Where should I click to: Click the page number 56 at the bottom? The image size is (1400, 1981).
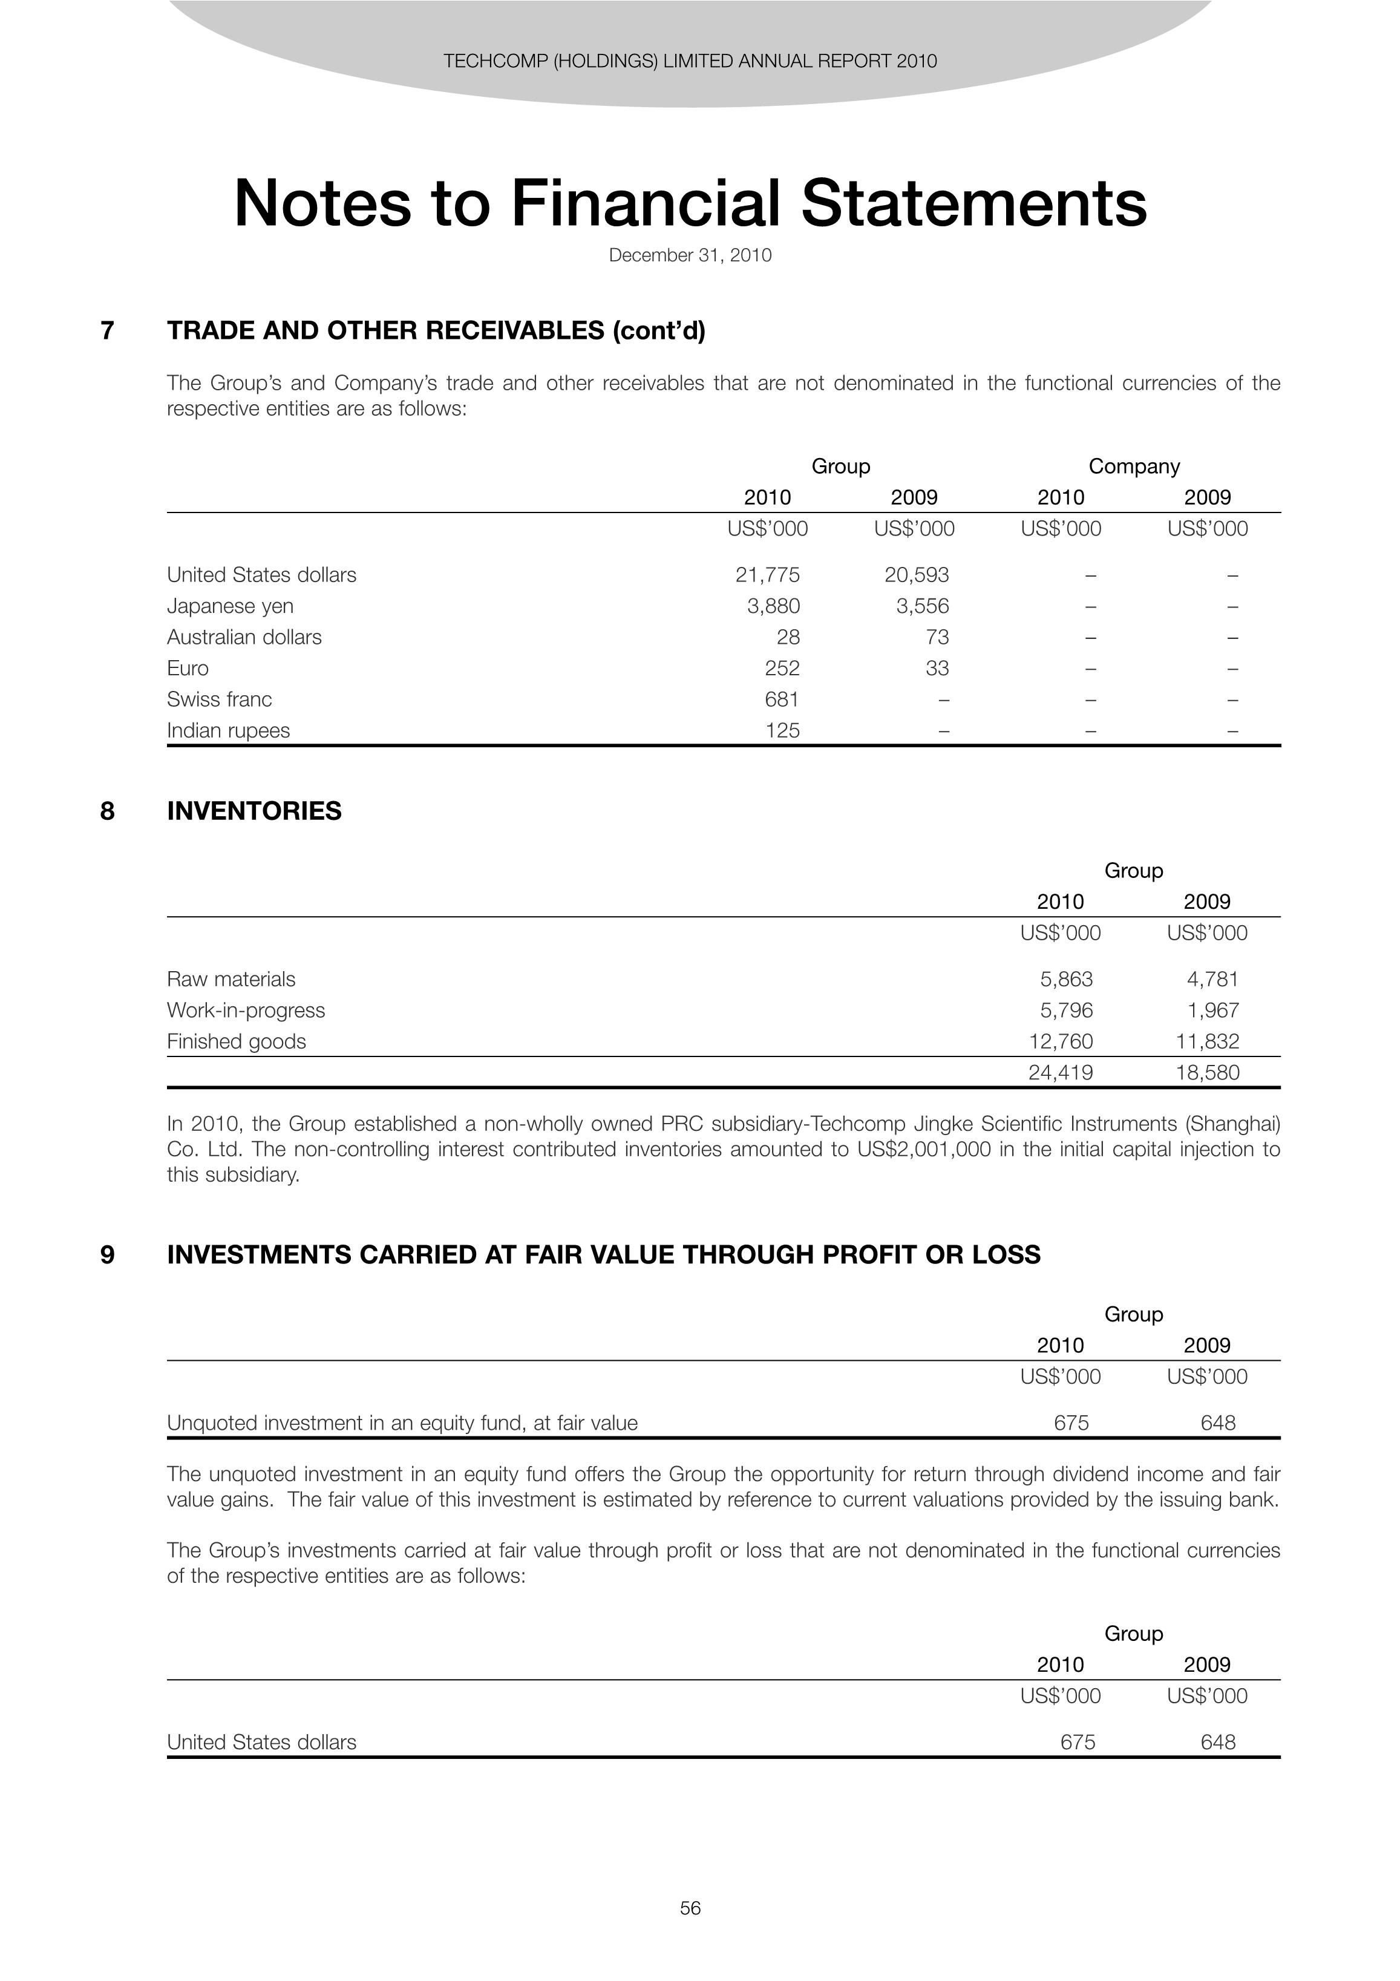[x=690, y=1908]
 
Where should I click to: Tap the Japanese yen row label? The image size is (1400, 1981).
[x=231, y=606]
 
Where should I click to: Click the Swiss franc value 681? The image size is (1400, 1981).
[x=782, y=699]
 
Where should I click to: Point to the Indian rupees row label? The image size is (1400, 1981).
[x=229, y=730]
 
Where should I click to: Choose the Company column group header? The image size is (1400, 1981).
[x=1133, y=466]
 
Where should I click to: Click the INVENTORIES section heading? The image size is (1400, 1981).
[x=255, y=811]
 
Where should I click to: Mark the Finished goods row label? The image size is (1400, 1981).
[x=237, y=1041]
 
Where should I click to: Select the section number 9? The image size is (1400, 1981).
[x=108, y=1254]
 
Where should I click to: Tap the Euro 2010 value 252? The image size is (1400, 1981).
[x=782, y=668]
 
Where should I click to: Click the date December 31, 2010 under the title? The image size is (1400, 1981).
[x=690, y=255]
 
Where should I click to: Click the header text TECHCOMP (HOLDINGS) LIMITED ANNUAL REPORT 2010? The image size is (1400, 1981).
[x=690, y=61]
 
